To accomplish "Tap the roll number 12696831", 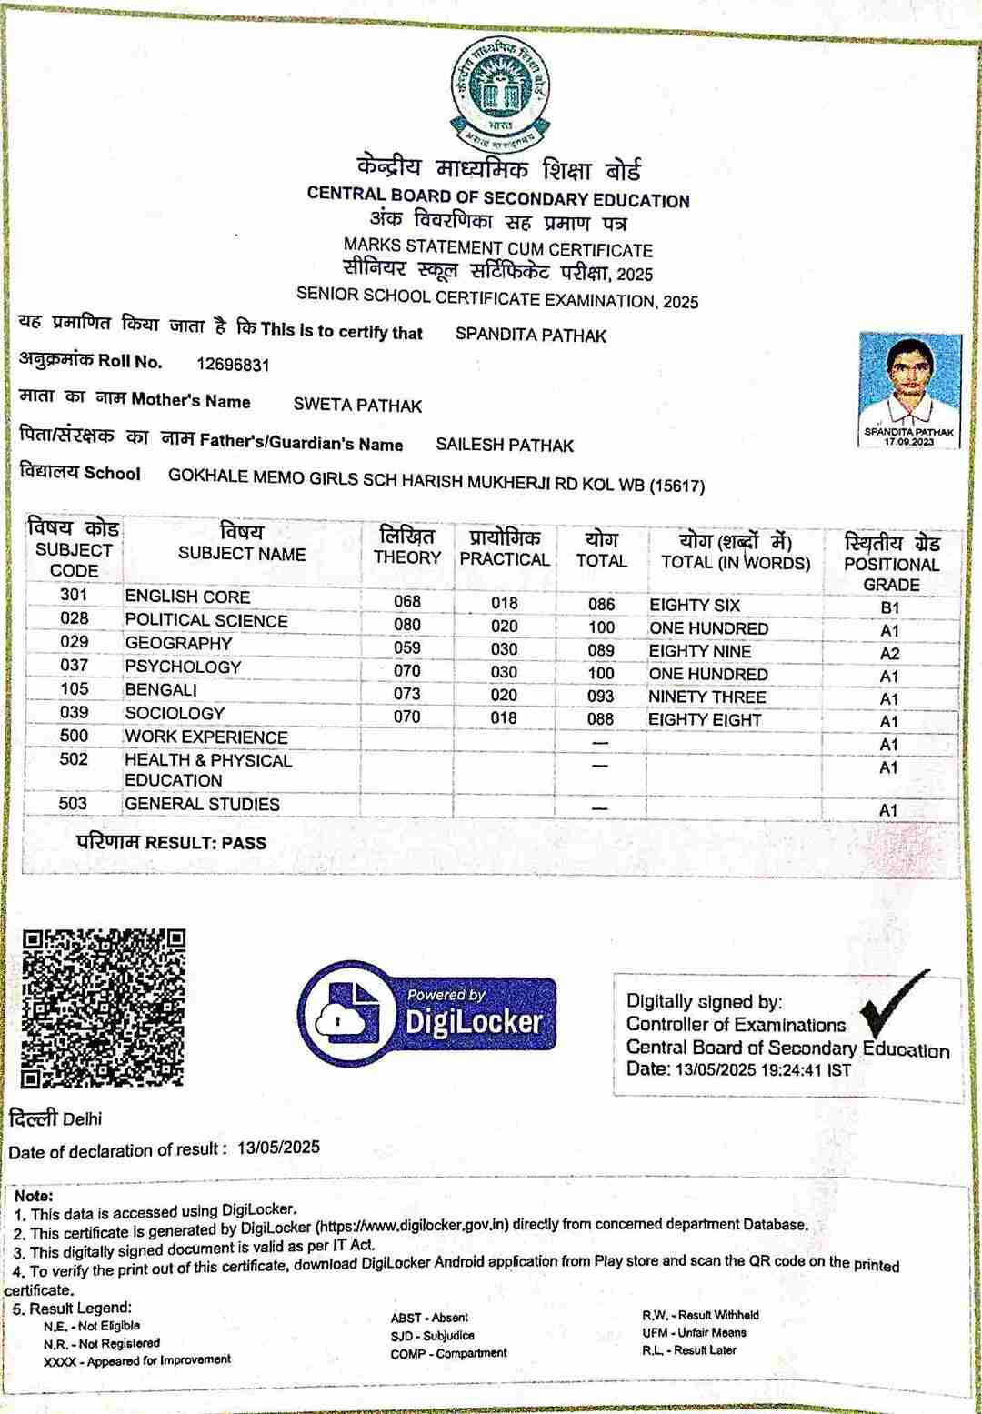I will click(x=233, y=365).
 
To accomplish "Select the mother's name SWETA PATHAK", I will click(x=357, y=406).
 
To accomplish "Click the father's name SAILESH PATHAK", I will click(x=505, y=445).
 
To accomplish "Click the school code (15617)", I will click(x=676, y=486).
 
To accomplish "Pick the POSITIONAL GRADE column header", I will click(x=891, y=564).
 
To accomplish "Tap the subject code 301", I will click(x=75, y=595).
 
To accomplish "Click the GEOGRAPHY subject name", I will click(x=178, y=643).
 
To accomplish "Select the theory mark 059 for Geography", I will click(x=407, y=648).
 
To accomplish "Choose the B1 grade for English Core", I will click(x=889, y=607).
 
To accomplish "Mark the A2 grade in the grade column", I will click(x=889, y=654).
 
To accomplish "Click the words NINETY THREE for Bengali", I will click(x=706, y=697).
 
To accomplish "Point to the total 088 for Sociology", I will click(x=600, y=719).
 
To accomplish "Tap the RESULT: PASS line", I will click(x=172, y=843).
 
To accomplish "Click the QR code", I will click(x=104, y=1008).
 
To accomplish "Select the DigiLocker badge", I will click(x=426, y=1013).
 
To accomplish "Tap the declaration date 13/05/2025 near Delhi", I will click(x=278, y=1148).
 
